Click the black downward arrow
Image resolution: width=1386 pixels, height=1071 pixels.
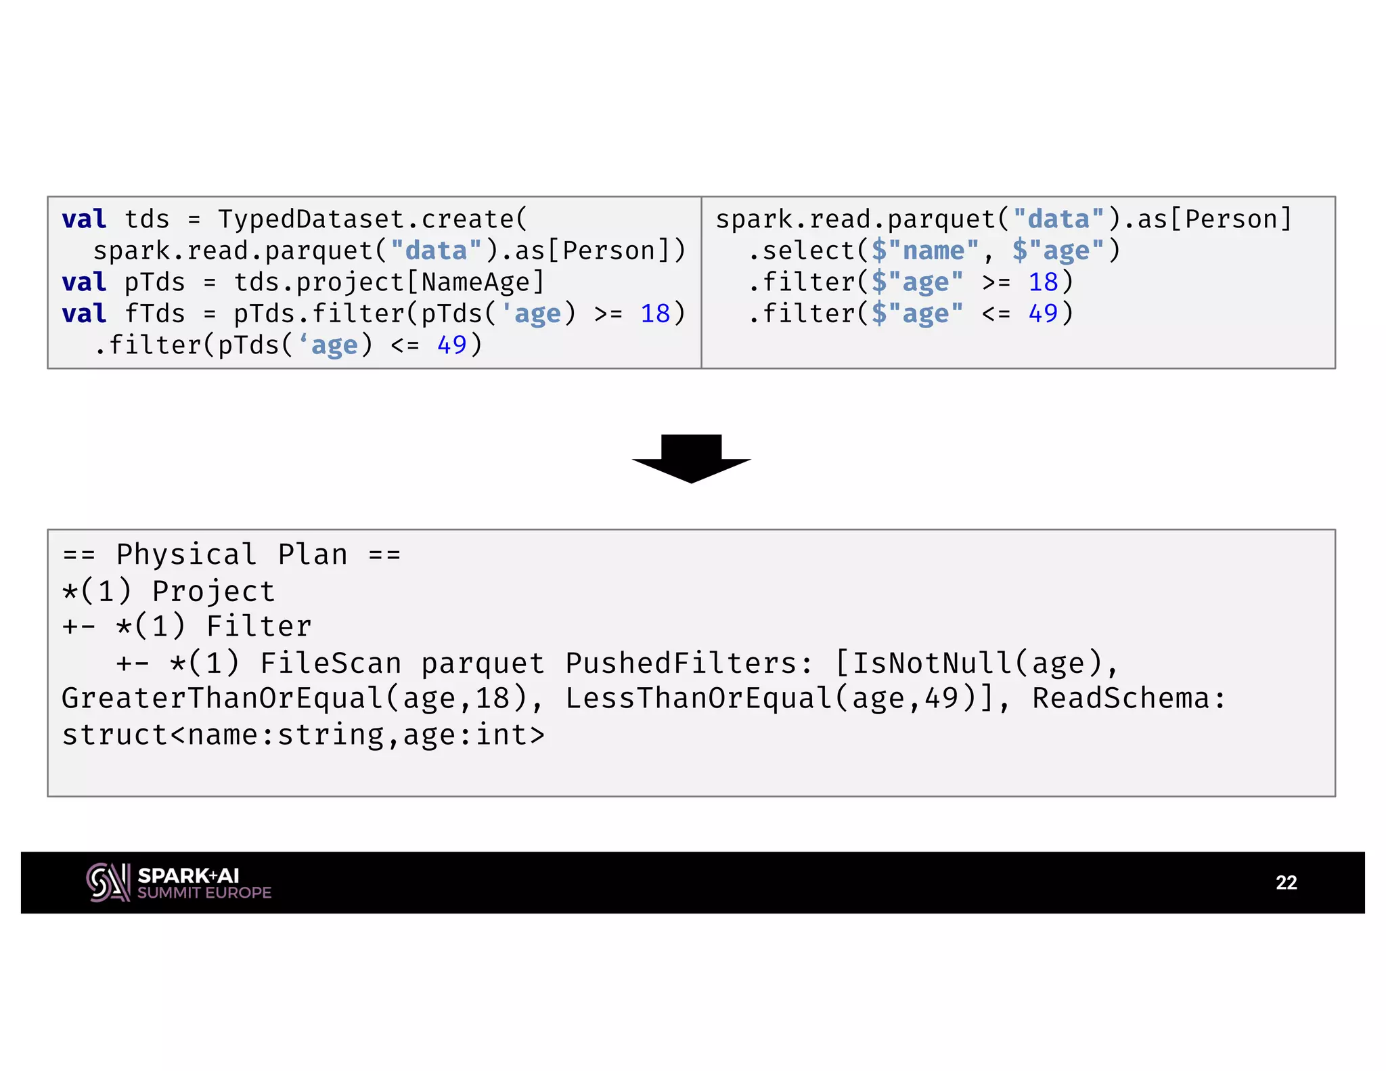(691, 458)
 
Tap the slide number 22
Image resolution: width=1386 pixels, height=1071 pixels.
(1286, 882)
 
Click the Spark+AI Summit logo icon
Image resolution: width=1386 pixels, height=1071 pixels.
(108, 882)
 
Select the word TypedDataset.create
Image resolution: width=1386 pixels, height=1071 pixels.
(372, 219)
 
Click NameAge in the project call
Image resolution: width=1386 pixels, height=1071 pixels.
(475, 282)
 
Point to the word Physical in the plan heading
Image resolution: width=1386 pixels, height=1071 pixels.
(186, 554)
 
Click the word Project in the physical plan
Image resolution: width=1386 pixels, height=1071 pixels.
(213, 591)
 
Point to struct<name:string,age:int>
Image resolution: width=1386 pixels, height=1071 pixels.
(303, 735)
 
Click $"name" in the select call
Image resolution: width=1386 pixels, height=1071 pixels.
(924, 251)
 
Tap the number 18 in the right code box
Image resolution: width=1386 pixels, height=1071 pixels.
(1043, 282)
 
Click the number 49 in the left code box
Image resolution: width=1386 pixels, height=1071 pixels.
(451, 345)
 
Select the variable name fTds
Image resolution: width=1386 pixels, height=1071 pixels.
(154, 314)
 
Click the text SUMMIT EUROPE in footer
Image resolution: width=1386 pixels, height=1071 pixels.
(204, 893)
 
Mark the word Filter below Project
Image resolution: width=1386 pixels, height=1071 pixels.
(259, 627)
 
